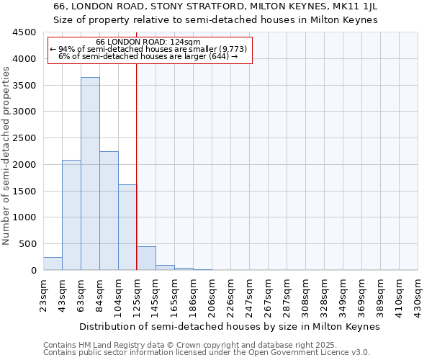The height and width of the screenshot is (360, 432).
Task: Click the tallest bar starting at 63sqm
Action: (90, 173)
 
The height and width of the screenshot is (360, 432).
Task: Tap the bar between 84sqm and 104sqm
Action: (109, 210)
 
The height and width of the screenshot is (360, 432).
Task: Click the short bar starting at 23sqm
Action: (53, 264)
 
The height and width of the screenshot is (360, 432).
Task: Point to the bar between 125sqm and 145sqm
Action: (146, 258)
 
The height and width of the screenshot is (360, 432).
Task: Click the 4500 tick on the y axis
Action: (24, 32)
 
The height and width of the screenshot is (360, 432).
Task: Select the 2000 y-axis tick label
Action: (24, 165)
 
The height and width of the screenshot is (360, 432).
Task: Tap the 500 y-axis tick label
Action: (27, 244)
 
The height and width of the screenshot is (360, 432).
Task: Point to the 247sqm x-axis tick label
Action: (250, 295)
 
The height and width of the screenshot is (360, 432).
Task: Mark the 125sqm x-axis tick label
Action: (138, 295)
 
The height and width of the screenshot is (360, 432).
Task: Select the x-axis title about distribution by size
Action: (229, 326)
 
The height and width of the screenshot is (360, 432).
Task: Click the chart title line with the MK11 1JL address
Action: (216, 6)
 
